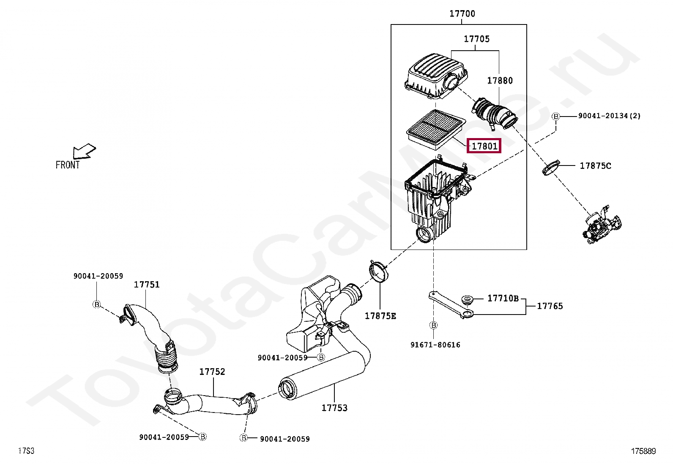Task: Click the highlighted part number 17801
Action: click(x=484, y=146)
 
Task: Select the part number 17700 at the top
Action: click(x=462, y=14)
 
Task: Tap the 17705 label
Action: click(x=476, y=39)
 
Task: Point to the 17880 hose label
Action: click(x=500, y=80)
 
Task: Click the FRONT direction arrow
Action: click(x=84, y=151)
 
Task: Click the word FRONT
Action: click(x=68, y=165)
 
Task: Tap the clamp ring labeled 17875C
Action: click(x=550, y=167)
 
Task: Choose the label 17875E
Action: click(x=380, y=316)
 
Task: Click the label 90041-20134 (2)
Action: click(x=609, y=116)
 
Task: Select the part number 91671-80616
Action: click(x=435, y=345)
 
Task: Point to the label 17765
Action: click(x=550, y=306)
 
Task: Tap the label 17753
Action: click(x=334, y=408)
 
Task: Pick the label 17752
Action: click(x=212, y=372)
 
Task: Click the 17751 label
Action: click(x=147, y=285)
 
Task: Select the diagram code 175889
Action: click(x=643, y=451)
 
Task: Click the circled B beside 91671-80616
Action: click(x=434, y=325)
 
